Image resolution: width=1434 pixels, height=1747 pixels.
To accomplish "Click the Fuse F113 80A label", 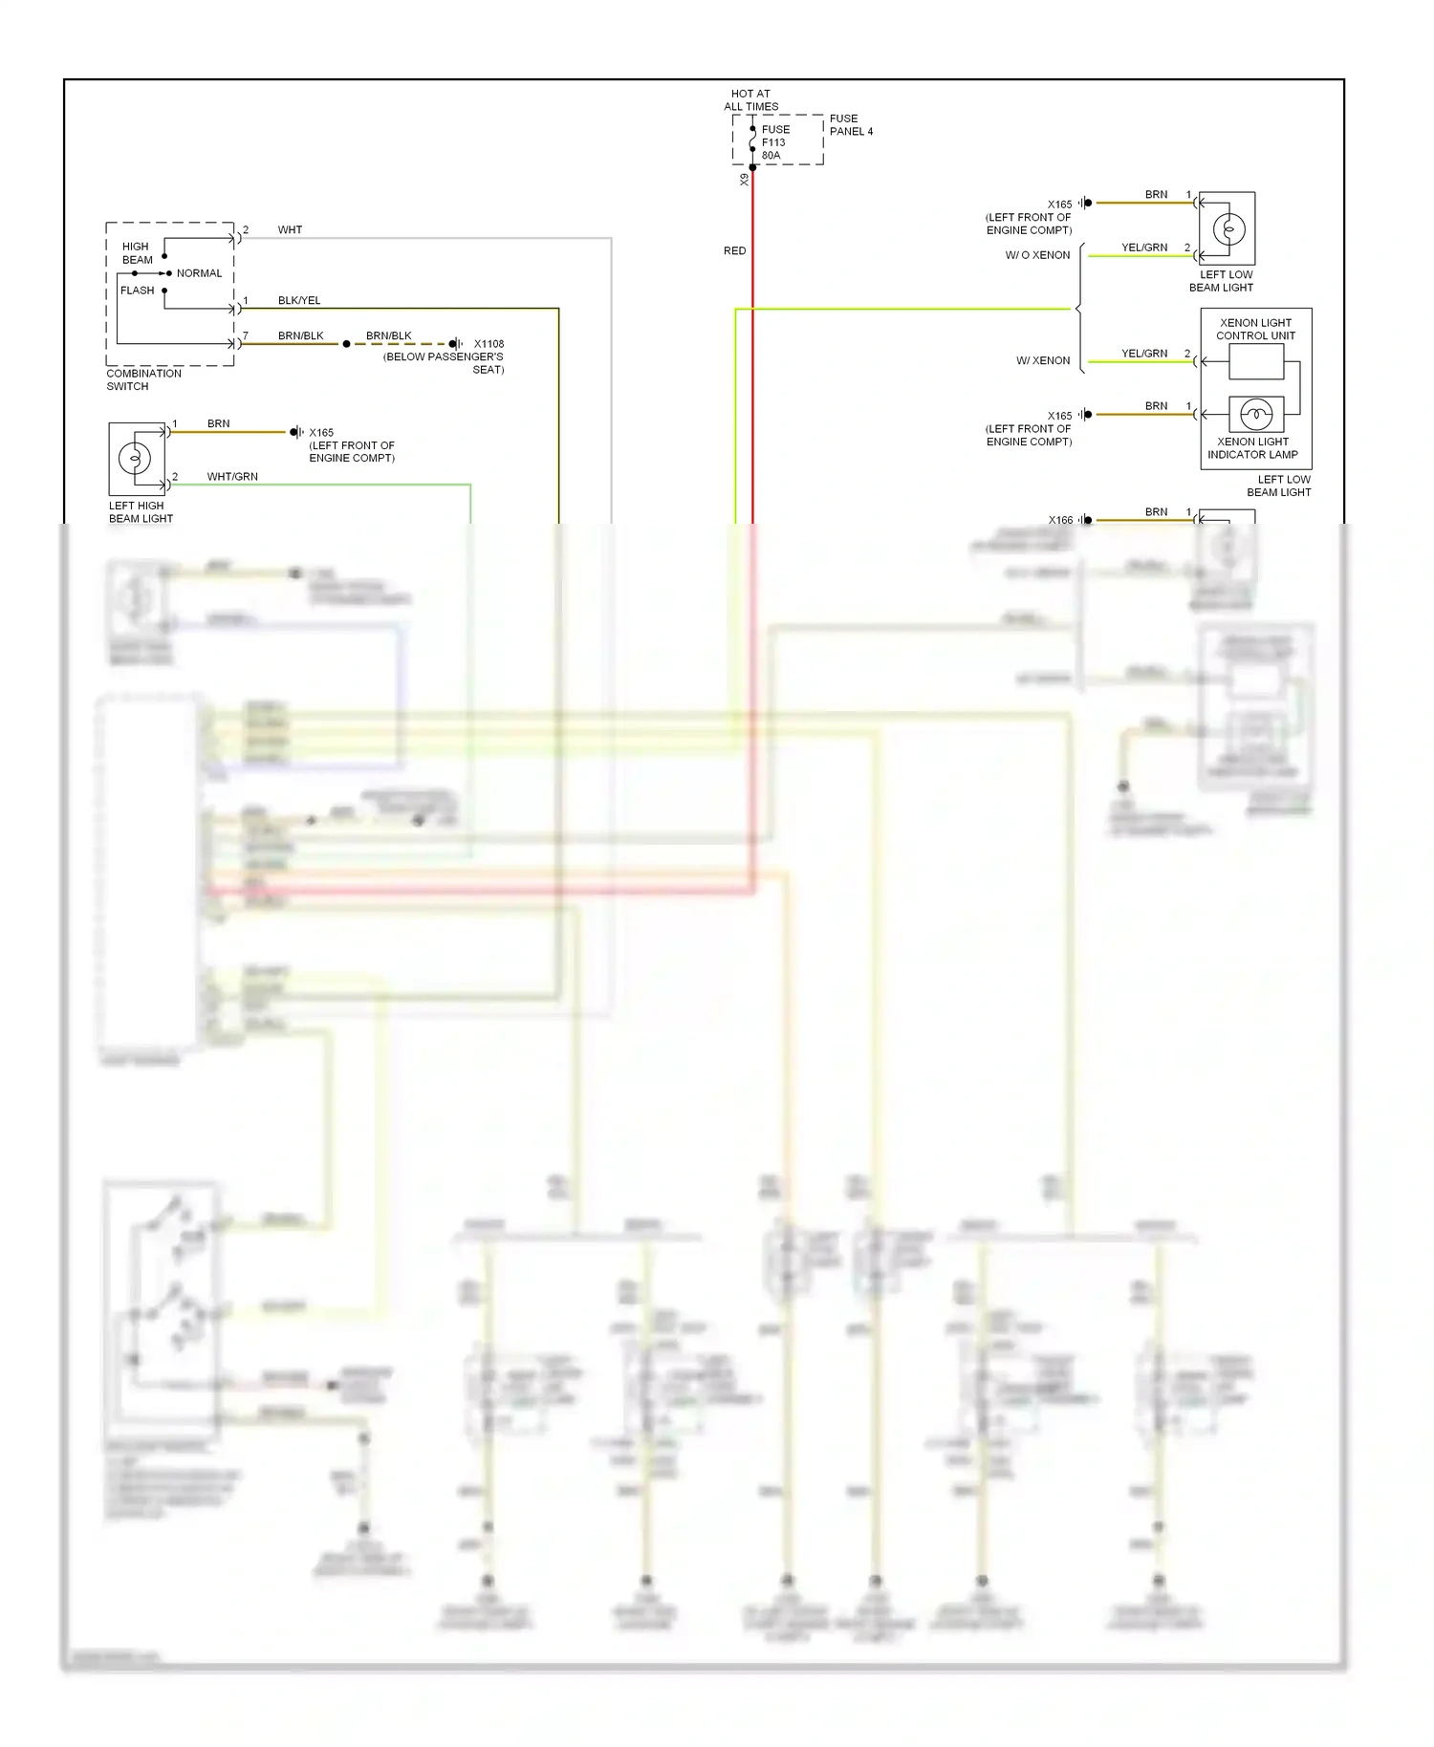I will (x=774, y=142).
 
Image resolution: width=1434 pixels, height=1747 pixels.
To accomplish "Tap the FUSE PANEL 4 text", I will (x=850, y=125).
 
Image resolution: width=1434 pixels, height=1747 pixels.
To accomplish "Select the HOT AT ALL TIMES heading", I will (x=750, y=100).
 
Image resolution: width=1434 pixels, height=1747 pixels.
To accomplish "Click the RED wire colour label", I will (x=734, y=251).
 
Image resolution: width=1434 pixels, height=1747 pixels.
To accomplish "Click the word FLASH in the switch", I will (x=137, y=291).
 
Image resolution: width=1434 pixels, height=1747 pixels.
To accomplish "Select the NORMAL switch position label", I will (x=199, y=273).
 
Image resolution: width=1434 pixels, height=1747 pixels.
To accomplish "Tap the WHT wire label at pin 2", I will (x=290, y=230).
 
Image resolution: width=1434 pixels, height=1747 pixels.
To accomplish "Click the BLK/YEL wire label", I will (x=299, y=301).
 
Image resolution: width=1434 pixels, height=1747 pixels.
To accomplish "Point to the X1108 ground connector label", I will (x=489, y=344).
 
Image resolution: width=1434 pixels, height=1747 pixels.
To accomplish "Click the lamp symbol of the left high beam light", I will (x=135, y=459).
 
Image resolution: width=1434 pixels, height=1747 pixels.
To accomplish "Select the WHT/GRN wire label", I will (x=232, y=477).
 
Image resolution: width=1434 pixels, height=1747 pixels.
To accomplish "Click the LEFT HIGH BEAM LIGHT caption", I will (x=140, y=512).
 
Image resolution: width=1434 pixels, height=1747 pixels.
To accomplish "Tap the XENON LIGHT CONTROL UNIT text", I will (x=1255, y=329).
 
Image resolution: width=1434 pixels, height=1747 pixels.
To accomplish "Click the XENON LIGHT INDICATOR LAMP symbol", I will (x=1255, y=415).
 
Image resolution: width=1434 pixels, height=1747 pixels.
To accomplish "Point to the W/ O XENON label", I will (x=1037, y=255).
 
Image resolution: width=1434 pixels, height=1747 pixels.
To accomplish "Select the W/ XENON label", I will (x=1043, y=361).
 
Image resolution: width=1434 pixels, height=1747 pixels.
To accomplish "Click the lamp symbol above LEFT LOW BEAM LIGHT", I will (x=1228, y=229).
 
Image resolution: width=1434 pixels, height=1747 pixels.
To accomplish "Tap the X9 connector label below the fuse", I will (x=744, y=180).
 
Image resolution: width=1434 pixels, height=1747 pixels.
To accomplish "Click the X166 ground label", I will (x=1060, y=520).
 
